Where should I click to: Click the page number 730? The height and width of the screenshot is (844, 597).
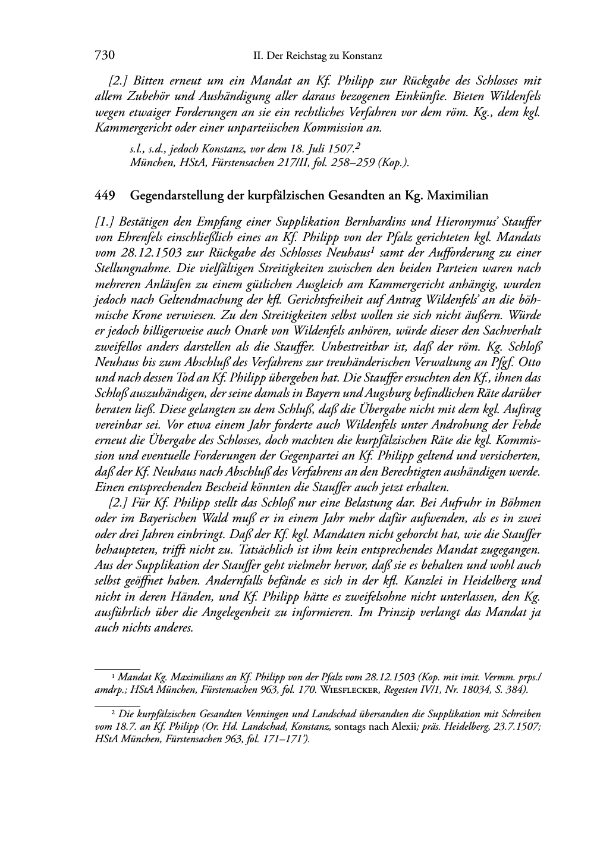(x=104, y=55)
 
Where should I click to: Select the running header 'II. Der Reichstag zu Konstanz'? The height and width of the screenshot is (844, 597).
(x=318, y=56)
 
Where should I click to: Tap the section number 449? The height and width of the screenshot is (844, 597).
(x=104, y=195)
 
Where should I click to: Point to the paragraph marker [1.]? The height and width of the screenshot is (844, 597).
(x=105, y=221)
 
